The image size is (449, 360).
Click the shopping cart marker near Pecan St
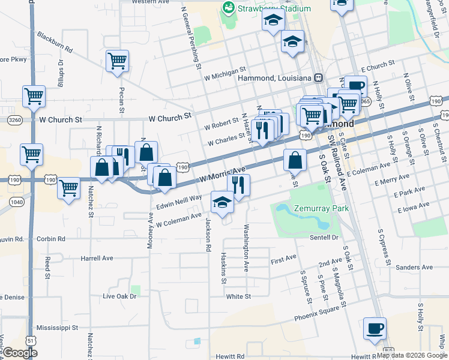(118, 60)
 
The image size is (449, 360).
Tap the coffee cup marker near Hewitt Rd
(375, 328)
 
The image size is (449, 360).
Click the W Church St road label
(61, 119)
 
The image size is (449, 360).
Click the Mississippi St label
(58, 328)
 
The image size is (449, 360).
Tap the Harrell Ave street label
(97, 259)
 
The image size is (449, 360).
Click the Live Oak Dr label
(120, 296)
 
